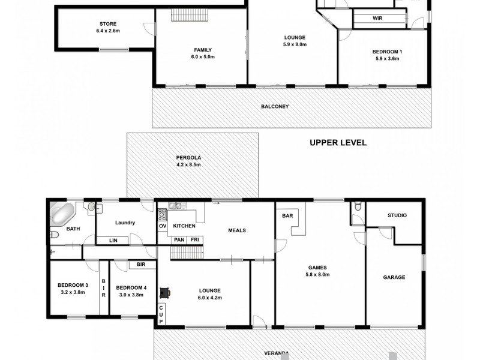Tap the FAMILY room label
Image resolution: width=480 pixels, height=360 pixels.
tap(202, 50)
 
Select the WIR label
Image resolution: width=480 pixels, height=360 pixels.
tap(377, 19)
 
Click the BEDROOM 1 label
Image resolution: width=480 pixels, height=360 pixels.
tap(388, 52)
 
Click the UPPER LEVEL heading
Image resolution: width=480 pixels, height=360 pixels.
tap(338, 143)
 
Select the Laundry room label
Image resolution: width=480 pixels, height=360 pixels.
tap(125, 223)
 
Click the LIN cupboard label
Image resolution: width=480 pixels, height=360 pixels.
tap(113, 241)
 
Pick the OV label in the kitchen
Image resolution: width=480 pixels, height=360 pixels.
tap(163, 226)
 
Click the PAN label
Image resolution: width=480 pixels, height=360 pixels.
tap(179, 240)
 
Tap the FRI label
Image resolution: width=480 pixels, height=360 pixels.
tap(195, 240)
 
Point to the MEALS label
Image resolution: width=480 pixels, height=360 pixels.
tap(236, 230)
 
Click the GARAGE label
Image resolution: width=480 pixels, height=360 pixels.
tap(394, 277)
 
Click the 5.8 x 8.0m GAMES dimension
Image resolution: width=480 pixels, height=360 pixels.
tap(317, 275)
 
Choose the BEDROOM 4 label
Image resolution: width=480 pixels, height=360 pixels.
tap(130, 287)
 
